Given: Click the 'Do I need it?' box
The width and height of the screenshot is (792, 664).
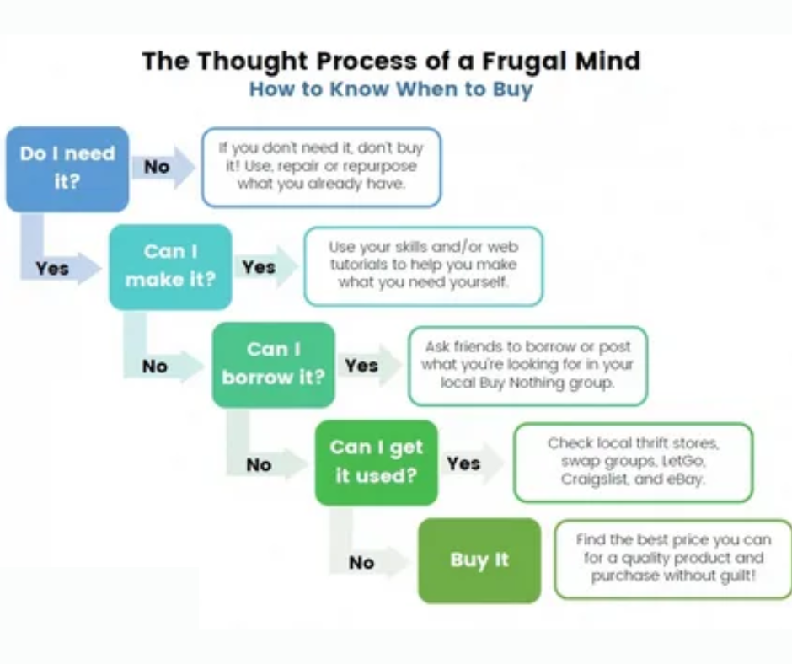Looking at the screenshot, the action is coord(67,169).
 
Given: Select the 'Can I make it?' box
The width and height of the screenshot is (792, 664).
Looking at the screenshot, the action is coord(171,267).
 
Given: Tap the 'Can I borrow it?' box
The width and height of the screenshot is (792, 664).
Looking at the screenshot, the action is coord(273,365).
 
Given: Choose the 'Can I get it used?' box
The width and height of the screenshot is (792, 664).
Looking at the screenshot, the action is coord(377,463).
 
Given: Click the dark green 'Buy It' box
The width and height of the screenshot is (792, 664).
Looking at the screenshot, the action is coord(479,560).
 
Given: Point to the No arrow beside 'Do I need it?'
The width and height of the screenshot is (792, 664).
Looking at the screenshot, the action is coord(163,167).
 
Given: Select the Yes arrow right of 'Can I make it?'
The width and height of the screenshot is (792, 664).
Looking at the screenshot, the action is coord(266,267).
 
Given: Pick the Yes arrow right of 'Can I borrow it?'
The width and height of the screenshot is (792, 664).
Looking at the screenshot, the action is coord(369,366).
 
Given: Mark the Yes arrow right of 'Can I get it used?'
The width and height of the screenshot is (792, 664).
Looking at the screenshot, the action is coord(473,463).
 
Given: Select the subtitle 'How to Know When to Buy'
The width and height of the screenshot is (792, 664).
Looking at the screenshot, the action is coord(392,89).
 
